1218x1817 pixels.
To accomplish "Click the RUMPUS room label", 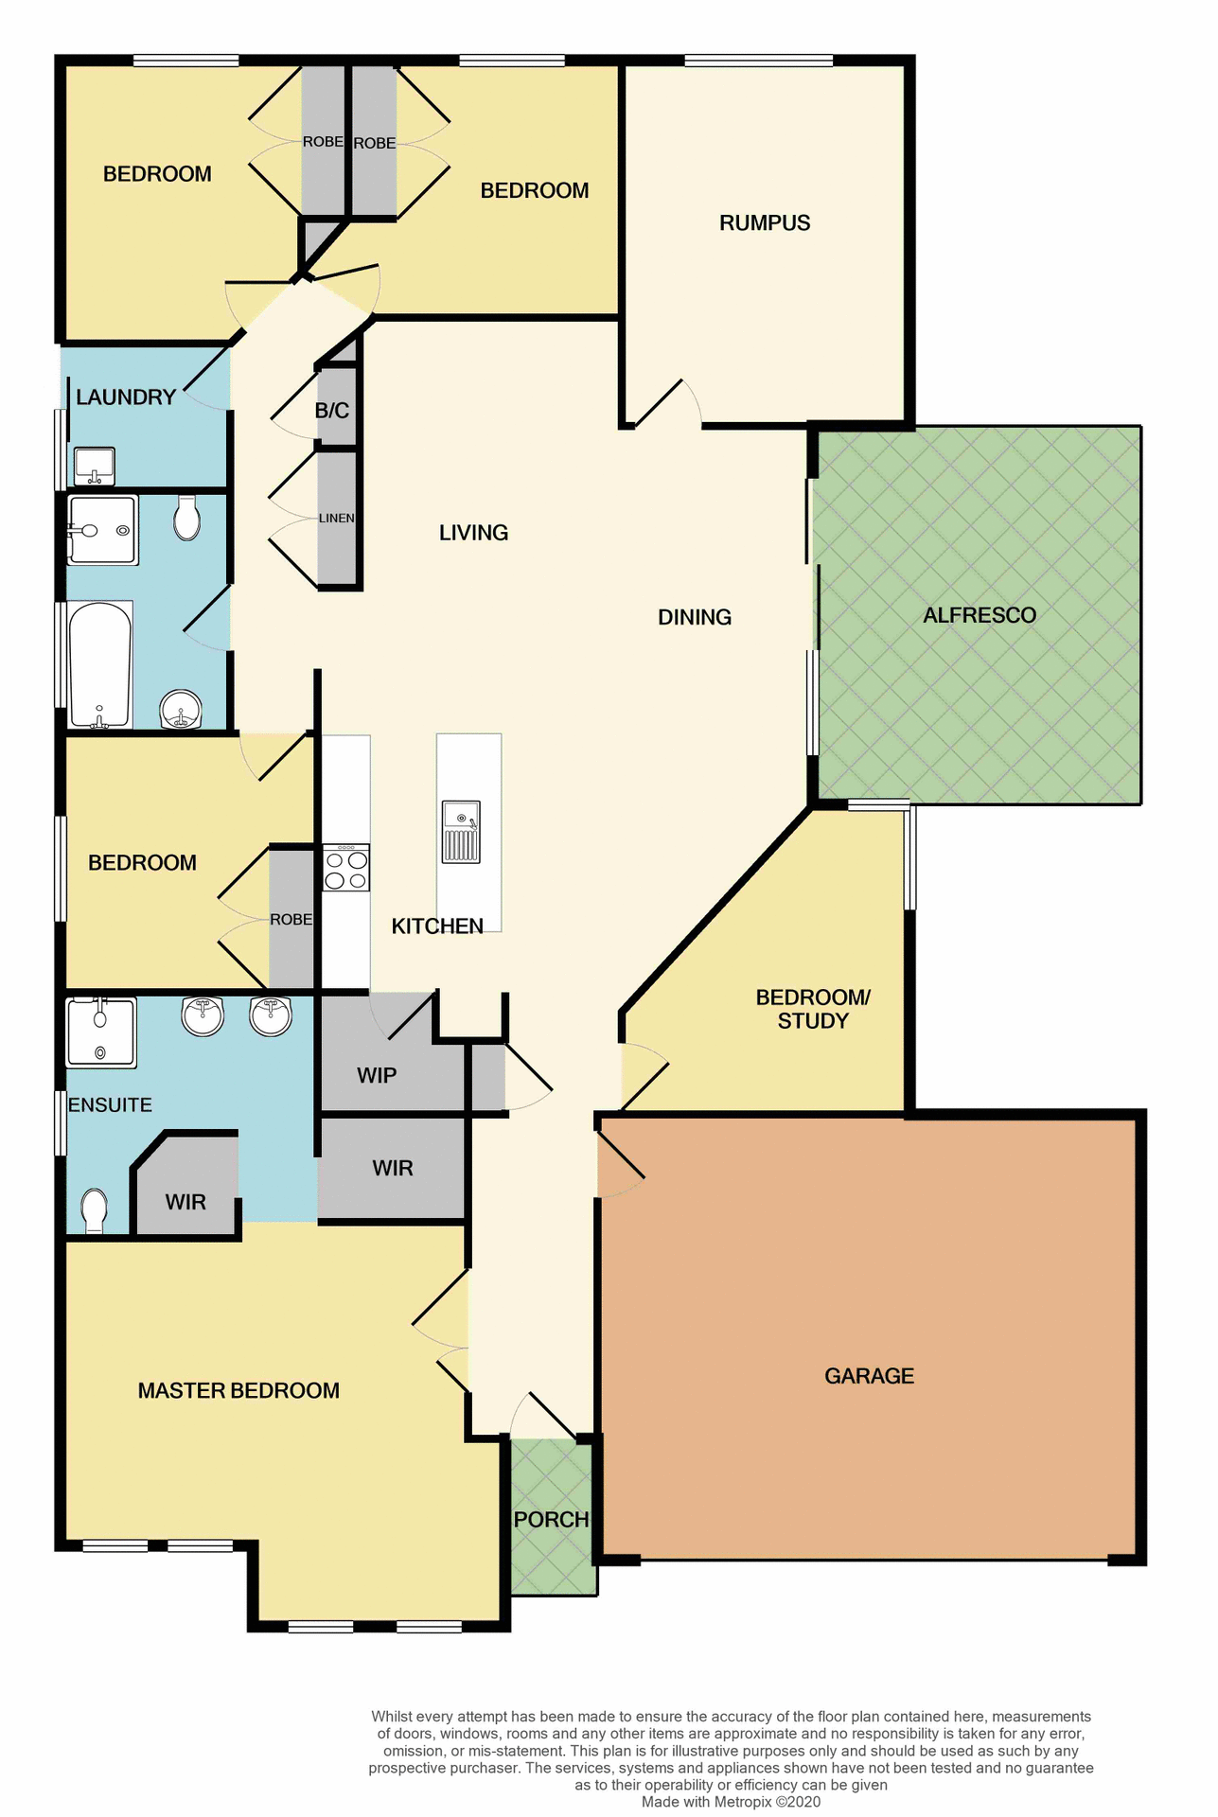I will [765, 223].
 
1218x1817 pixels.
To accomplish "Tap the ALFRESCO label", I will [980, 615].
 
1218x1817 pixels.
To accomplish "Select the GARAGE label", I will [869, 1376].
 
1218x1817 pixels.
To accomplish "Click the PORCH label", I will [551, 1520].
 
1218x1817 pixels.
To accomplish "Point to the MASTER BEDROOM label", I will [238, 1390].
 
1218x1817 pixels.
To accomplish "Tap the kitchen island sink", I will [461, 832].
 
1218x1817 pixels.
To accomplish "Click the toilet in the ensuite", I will [94, 1210].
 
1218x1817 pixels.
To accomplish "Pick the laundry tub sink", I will [94, 465].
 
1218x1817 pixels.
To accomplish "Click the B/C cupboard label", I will [332, 411].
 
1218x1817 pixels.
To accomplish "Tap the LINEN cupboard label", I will [336, 519].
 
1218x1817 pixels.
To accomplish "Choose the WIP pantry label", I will [377, 1075].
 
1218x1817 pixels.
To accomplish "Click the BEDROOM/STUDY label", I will [813, 1009].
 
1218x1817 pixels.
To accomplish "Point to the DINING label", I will [695, 617].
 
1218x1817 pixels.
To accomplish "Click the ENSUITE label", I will [110, 1104].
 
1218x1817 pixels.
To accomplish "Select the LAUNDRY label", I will [126, 397].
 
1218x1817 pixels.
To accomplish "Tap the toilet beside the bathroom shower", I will [187, 518].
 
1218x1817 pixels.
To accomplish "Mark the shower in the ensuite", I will [101, 1032].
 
